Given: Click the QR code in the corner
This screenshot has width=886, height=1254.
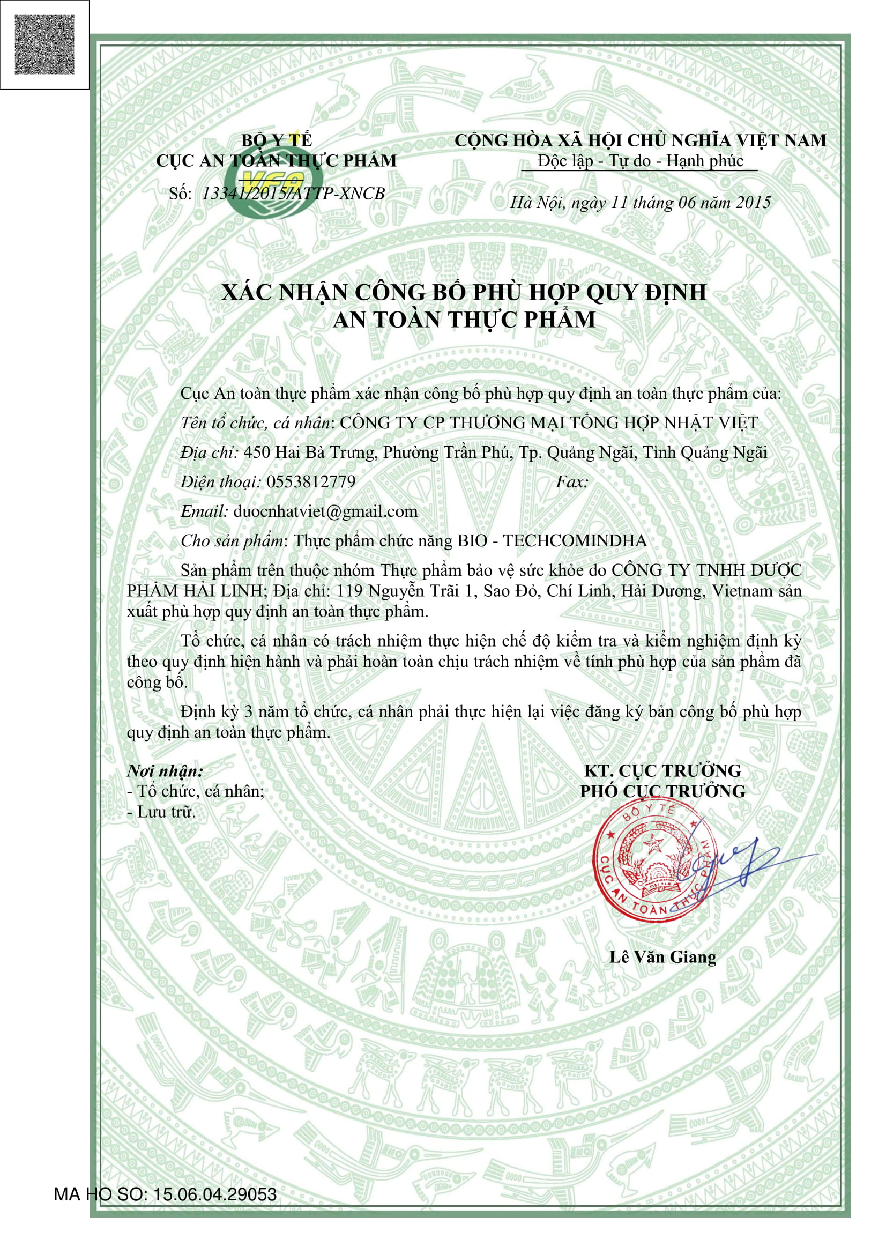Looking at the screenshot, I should pos(44,44).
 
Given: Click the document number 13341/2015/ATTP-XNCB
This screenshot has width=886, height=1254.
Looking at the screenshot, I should pos(293,194).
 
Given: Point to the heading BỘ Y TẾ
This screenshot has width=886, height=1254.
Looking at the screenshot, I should pos(277,140).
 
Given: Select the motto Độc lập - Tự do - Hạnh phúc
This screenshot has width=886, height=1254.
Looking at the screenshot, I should pos(640,161).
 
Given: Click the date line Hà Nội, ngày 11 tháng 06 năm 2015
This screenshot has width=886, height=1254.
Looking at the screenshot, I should pos(640,203).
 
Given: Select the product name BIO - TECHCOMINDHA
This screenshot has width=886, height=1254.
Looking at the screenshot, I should pos(552,541).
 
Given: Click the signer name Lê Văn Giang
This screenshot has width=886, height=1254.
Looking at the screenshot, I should pos(662,956).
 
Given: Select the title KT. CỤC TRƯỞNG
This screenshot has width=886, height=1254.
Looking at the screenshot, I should pos(662,770).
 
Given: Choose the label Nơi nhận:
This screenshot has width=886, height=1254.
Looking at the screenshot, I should pos(165,770).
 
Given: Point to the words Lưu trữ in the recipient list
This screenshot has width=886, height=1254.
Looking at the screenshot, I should pos(166,812).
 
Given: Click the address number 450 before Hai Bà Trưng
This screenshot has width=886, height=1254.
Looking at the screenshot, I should pos(256,452).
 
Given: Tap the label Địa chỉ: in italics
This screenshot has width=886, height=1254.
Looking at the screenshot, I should pos(209,452).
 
